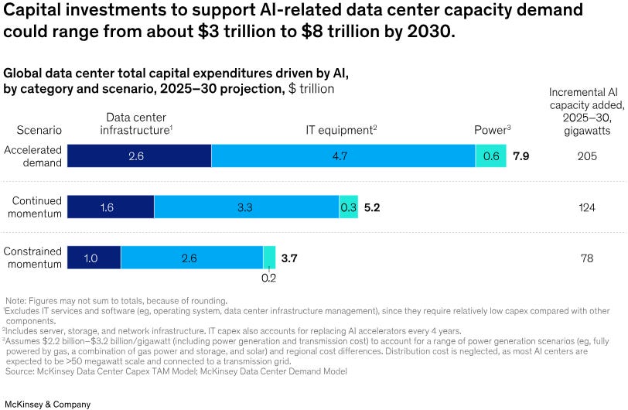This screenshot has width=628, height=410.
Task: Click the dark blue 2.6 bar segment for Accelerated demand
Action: tap(139, 155)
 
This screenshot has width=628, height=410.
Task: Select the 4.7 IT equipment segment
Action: tap(343, 155)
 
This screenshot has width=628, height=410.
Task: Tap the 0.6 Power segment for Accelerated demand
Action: tap(490, 155)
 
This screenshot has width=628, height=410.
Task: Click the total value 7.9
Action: tap(520, 156)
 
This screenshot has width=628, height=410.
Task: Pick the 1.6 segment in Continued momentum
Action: tap(111, 207)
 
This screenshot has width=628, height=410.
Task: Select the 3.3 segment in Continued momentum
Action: tap(246, 207)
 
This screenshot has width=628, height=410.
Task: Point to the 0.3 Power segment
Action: tap(348, 207)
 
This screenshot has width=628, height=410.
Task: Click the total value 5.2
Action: tap(372, 207)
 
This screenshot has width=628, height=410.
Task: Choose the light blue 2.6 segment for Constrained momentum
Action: tap(191, 258)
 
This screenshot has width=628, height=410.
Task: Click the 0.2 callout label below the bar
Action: tap(268, 278)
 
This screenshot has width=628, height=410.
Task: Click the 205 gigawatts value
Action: tap(587, 156)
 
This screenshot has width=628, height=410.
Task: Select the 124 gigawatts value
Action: tap(587, 207)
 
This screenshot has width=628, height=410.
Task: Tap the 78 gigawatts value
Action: tap(587, 258)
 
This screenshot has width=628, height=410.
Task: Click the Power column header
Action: tap(490, 131)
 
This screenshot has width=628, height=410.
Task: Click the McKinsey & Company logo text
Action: tap(47, 404)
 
